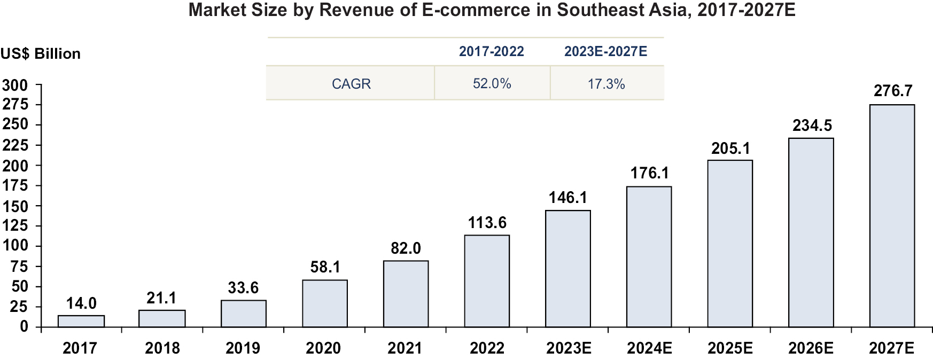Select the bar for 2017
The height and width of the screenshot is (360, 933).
coord(81,321)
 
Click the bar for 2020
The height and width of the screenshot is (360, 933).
coord(325,303)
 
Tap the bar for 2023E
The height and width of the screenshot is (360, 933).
coord(568,269)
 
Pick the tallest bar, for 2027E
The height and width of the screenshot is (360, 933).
coord(892,216)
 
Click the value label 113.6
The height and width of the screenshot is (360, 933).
coord(487,223)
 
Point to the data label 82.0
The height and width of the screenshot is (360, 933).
coord(406,248)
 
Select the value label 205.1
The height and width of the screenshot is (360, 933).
coord(730,148)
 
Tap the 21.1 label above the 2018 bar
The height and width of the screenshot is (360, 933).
coord(161,298)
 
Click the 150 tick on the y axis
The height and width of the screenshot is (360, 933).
coord(15,206)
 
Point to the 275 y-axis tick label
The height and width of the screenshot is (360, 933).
coord(15,104)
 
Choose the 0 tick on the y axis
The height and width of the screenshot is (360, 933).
coord(24,326)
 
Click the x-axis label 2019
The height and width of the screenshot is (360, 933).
coord(243,348)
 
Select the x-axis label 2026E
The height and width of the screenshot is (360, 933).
coord(811,348)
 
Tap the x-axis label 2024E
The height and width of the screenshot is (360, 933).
coord(649,348)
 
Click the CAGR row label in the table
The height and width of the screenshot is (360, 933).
coord(351,84)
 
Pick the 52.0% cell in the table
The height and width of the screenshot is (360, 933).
coord(492,84)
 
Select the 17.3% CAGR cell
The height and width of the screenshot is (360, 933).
coord(606,84)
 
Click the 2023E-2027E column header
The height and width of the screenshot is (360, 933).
coord(605,51)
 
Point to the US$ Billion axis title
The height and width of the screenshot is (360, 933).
coord(41,54)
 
